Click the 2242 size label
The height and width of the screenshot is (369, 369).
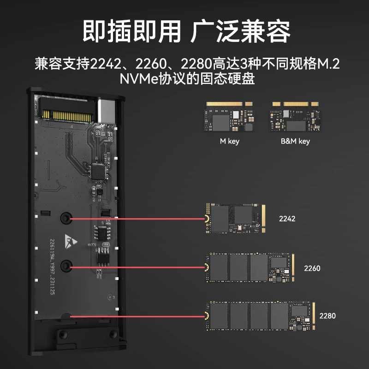287,219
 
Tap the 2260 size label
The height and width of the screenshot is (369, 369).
312,268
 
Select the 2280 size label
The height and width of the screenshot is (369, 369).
327,316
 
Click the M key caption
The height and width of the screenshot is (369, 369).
229,141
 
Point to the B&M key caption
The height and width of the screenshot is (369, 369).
295,141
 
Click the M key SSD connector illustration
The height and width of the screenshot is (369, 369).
228,117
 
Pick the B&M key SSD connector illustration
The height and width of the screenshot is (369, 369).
295,117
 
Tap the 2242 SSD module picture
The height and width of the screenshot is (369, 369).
235,219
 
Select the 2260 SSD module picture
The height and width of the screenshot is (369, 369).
250,268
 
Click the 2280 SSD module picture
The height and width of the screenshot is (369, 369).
260,316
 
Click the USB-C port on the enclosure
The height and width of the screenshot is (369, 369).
107,111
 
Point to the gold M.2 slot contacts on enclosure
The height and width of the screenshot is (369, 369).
66,116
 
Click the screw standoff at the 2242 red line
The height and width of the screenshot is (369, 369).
66,218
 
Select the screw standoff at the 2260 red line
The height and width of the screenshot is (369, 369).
66,266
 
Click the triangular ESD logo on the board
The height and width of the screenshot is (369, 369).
71,241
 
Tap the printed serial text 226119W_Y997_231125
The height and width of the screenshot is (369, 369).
52,267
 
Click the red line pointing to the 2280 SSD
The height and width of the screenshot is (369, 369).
137,316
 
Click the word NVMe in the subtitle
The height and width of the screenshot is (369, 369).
139,78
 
